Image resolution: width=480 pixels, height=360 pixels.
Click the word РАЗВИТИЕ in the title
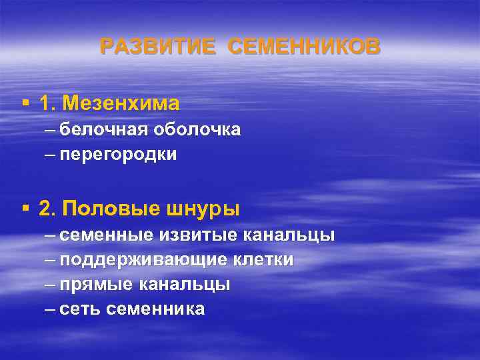(x=157, y=47)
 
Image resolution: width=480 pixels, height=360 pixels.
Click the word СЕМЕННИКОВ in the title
(x=304, y=47)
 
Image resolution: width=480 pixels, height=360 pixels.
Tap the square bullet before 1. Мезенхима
(x=25, y=103)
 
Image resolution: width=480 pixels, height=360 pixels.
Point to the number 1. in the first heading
(x=48, y=103)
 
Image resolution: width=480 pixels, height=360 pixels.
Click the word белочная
(x=98, y=130)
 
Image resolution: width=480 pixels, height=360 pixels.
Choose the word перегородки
(x=117, y=155)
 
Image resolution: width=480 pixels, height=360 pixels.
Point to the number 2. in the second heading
(x=48, y=209)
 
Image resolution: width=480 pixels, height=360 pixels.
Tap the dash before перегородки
(x=51, y=155)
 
